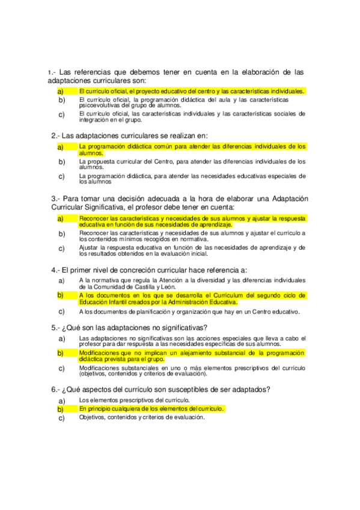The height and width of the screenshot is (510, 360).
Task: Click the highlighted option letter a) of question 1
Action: click(x=60, y=91)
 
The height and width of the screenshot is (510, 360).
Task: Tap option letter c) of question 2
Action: click(x=61, y=176)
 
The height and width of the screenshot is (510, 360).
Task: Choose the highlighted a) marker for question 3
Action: click(x=61, y=219)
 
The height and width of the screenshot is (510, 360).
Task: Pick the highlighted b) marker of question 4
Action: click(x=61, y=295)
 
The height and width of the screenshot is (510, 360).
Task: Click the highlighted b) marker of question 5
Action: click(x=61, y=353)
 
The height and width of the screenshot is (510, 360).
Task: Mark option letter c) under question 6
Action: click(x=61, y=418)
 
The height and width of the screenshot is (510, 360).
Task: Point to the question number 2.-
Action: click(x=55, y=135)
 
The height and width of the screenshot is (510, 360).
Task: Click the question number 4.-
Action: click(x=55, y=270)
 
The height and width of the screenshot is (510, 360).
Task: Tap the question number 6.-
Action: click(x=55, y=389)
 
